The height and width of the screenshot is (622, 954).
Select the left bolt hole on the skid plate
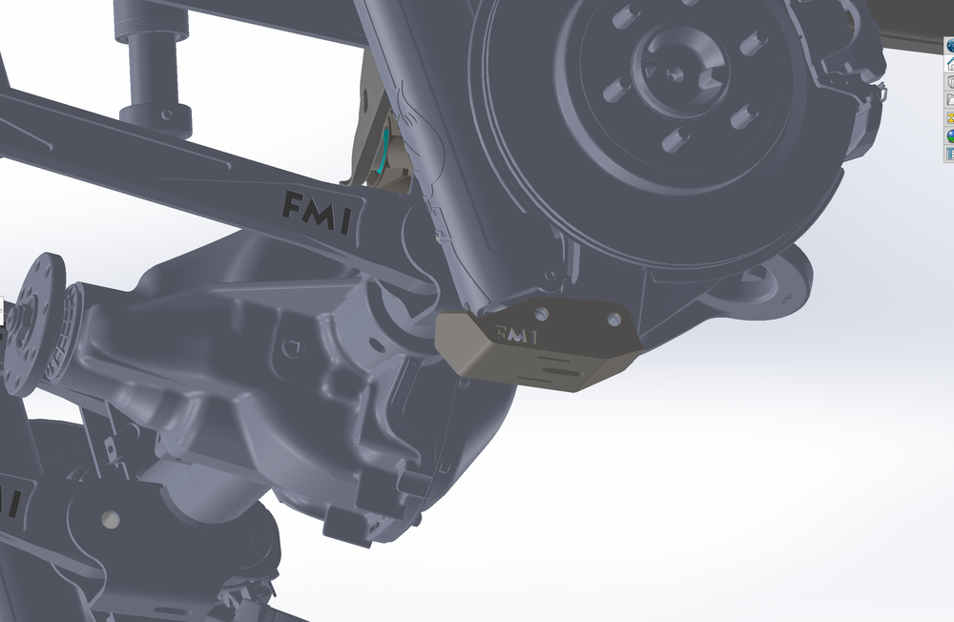tap(543, 314)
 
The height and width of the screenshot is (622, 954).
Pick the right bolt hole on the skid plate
tap(614, 320)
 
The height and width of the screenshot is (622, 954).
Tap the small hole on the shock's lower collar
tap(168, 114)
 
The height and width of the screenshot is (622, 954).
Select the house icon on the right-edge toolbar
tap(949, 64)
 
